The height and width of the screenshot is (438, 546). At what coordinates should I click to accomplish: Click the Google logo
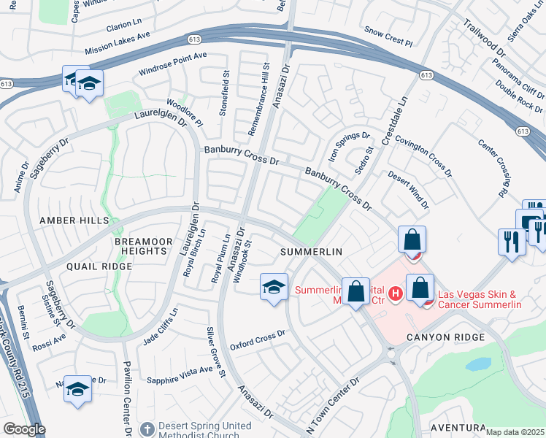coord(24,429)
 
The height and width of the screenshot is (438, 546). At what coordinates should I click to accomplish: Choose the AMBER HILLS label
coord(74,220)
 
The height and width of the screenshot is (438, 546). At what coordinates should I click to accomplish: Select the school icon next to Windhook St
coord(274,287)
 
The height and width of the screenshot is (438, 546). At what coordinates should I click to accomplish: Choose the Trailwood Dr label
coord(484,38)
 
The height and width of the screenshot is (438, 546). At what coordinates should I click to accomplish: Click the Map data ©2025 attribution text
coord(515,432)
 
